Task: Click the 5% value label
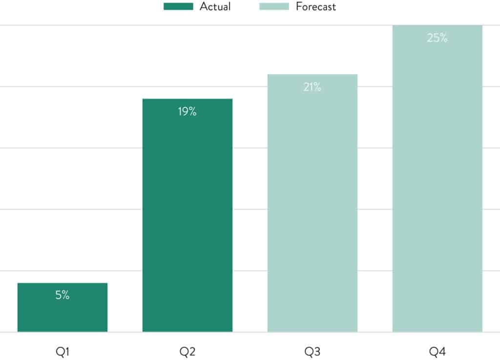coord(62,295)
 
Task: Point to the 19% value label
coord(187,111)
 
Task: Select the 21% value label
coord(312,87)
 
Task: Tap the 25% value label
coord(437,38)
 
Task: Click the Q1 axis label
coord(62,351)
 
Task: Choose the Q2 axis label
coord(187,351)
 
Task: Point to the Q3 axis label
coord(312,351)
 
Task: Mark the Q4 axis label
coord(437,351)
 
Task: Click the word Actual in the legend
coord(215,6)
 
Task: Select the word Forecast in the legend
coord(316,6)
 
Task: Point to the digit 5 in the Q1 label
coord(58,295)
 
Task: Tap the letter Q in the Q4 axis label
coord(433,351)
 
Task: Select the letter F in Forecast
coord(299,6)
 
